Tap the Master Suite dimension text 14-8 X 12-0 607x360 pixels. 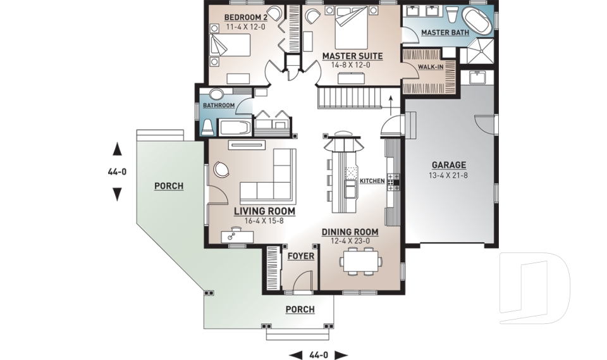350,65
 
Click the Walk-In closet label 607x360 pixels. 431,66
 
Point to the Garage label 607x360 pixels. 449,165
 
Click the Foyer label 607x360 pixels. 300,256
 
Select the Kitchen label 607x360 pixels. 372,181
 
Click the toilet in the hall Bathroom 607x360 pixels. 208,127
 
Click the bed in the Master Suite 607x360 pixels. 351,27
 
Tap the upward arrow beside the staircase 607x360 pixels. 391,104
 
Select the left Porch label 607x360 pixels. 169,186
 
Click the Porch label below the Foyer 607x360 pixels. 300,309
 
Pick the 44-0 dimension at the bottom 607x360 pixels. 319,354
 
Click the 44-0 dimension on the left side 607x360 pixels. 117,171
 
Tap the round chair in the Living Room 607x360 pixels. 221,170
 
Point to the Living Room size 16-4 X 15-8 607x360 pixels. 264,221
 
